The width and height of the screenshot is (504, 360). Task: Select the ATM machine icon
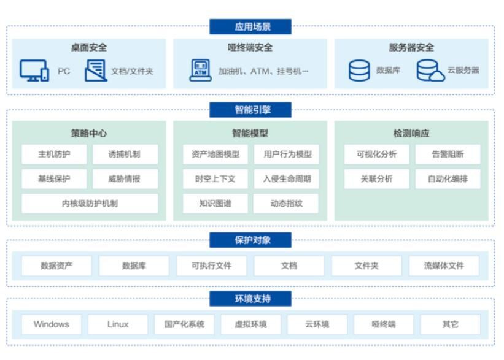click(200, 71)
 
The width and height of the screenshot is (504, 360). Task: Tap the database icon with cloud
click(430, 71)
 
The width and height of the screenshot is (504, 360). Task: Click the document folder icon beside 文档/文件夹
click(96, 71)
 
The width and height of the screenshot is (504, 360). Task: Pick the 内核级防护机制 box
click(90, 204)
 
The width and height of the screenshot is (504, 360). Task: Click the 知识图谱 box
click(215, 204)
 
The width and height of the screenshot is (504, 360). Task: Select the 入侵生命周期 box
click(287, 179)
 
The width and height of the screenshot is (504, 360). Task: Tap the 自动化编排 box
click(448, 179)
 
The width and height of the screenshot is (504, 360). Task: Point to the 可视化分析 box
click(376, 154)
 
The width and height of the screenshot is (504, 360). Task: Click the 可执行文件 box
click(211, 266)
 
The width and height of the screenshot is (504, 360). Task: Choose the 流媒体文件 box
click(444, 266)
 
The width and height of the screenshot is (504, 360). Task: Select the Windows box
click(52, 324)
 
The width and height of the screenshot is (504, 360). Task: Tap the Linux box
click(118, 324)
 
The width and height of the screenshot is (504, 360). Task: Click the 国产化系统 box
click(184, 324)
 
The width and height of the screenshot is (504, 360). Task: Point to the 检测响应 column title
click(411, 132)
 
